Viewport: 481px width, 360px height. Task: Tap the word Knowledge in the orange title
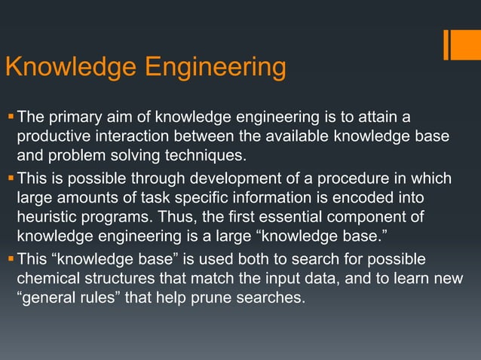click(x=70, y=67)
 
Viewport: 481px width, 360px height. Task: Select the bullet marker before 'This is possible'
click(x=10, y=178)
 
